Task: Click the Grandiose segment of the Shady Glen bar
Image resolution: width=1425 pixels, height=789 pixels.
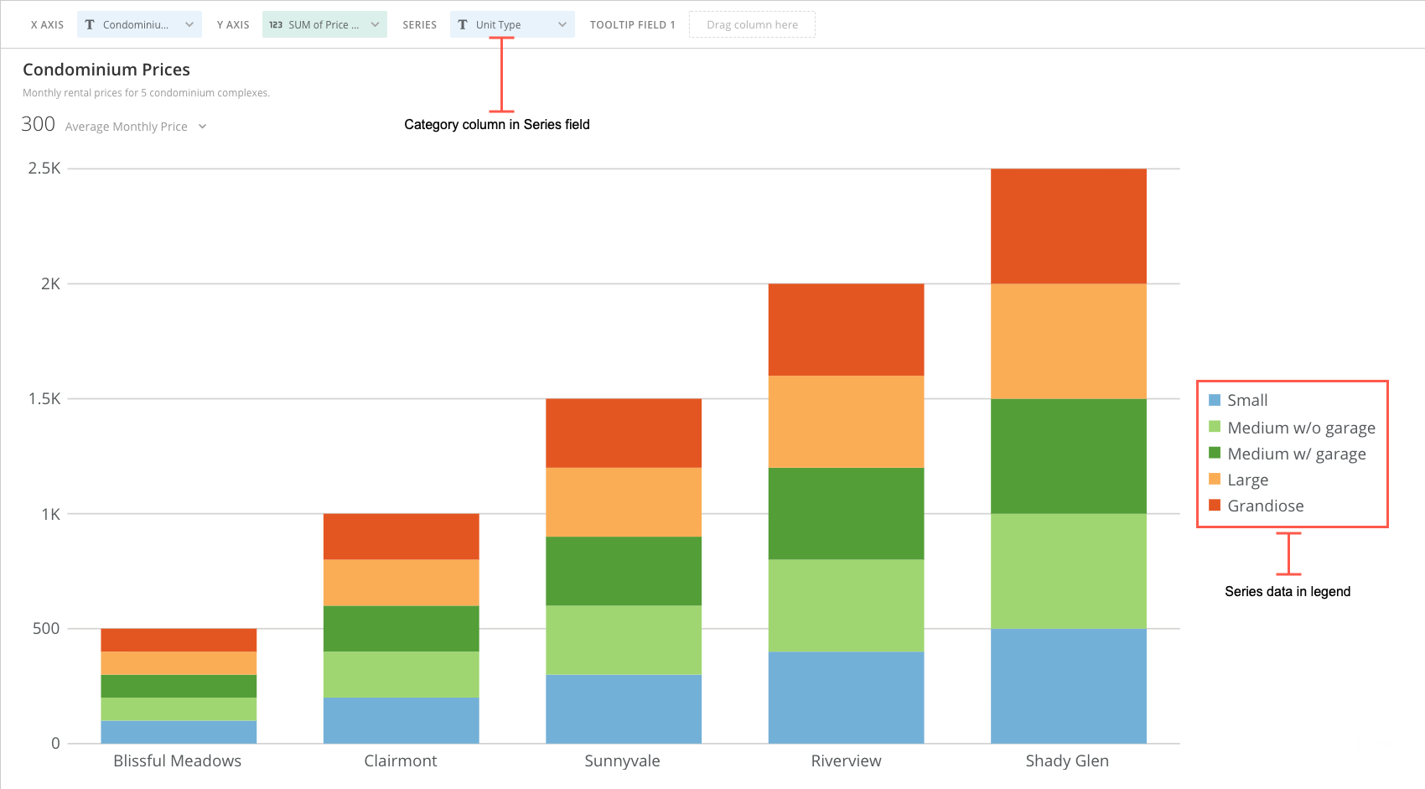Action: coord(1068,226)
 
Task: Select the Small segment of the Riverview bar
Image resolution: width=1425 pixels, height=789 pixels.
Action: coord(846,697)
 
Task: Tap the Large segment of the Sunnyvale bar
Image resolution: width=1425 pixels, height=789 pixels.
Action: coord(624,501)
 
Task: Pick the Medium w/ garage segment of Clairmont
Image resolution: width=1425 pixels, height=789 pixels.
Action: coord(401,628)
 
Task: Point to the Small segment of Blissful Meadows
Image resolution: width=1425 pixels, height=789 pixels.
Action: coord(179,731)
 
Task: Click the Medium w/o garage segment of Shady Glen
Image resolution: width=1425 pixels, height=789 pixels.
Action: coord(1068,570)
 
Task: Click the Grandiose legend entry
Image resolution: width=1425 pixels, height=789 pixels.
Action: coord(1265,506)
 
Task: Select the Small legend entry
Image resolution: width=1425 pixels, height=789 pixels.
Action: coord(1246,400)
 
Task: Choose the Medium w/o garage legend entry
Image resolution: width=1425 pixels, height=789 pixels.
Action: coord(1300,428)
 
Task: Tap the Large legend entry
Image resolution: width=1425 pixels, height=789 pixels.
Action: coord(1247,480)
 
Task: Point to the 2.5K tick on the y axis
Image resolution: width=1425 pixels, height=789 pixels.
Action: coord(44,169)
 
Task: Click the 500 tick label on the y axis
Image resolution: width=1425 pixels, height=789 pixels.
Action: coord(46,628)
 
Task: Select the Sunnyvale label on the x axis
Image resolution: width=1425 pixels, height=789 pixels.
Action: coord(622,760)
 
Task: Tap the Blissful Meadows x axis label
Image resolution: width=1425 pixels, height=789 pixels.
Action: coord(177,760)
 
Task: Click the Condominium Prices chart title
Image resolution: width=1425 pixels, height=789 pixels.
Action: coord(106,70)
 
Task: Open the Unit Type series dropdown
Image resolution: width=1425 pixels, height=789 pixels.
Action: coord(512,24)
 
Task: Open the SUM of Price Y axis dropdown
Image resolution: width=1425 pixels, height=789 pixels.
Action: coord(324,24)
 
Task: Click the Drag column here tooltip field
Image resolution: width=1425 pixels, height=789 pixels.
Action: coord(752,24)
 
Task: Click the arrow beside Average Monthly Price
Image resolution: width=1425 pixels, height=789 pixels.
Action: coord(203,127)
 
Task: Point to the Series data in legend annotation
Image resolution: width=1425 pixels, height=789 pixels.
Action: coord(1288,591)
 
